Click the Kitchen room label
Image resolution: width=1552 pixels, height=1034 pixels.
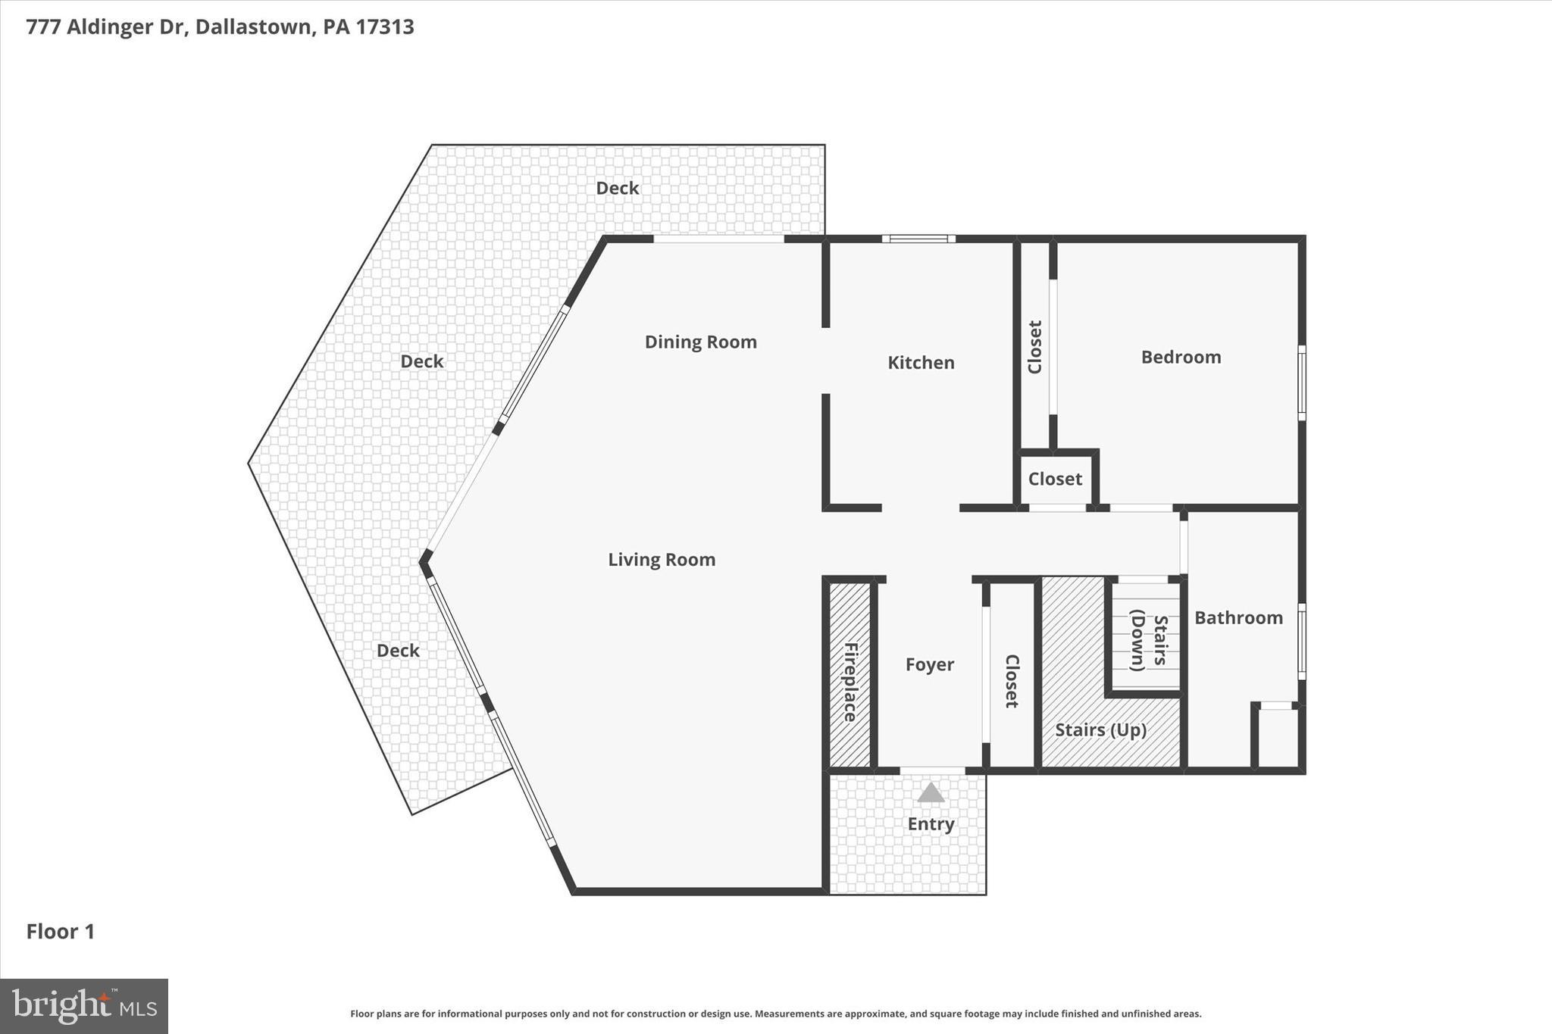click(x=921, y=363)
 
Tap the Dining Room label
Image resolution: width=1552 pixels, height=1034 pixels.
click(x=700, y=342)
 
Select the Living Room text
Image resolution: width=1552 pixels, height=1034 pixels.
click(x=662, y=560)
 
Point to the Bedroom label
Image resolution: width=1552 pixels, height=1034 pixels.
click(x=1181, y=358)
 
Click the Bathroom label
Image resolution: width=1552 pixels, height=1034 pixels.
click(x=1238, y=618)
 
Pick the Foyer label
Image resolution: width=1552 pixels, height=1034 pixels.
click(x=929, y=665)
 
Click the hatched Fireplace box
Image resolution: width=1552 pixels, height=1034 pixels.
click(x=850, y=674)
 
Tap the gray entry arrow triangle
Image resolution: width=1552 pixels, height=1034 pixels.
click(x=931, y=793)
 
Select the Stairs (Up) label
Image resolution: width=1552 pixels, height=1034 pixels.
click(x=1100, y=730)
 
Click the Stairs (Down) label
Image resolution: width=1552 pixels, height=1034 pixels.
click(x=1147, y=640)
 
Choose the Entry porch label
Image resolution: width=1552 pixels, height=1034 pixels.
click(x=931, y=824)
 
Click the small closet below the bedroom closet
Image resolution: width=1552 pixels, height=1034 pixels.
click(x=1055, y=480)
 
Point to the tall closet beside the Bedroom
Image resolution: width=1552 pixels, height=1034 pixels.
click(x=1035, y=347)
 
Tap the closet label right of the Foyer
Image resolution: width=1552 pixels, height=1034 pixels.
click(x=1012, y=681)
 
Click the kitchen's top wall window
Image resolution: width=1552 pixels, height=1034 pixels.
click(x=918, y=239)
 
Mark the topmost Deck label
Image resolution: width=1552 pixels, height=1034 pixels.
click(x=617, y=189)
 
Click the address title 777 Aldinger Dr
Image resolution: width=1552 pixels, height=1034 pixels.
click(x=220, y=27)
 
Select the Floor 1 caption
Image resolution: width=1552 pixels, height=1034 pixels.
click(x=61, y=932)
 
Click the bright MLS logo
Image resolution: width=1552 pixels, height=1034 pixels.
click(x=84, y=1006)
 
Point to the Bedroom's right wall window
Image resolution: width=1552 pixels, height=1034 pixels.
click(x=1301, y=383)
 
